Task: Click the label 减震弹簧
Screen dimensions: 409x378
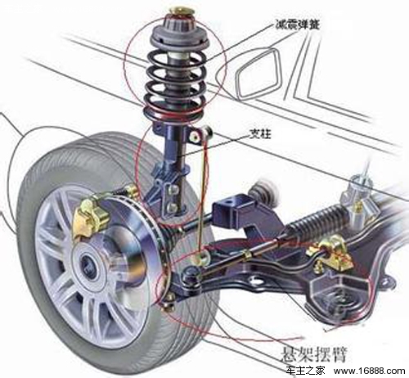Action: pos(297,24)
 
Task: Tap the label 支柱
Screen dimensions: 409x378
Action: pos(260,133)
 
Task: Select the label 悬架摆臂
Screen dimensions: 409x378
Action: pos(314,353)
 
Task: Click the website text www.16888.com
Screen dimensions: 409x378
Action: pos(370,371)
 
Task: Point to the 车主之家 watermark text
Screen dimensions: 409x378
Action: pos(305,371)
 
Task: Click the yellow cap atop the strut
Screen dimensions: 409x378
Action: pos(181,11)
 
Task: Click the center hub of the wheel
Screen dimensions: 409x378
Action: pos(89,263)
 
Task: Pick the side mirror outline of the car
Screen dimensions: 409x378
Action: pos(258,73)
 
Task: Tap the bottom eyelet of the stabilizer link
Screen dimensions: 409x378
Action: pos(200,258)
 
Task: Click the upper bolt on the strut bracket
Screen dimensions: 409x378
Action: pos(171,188)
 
